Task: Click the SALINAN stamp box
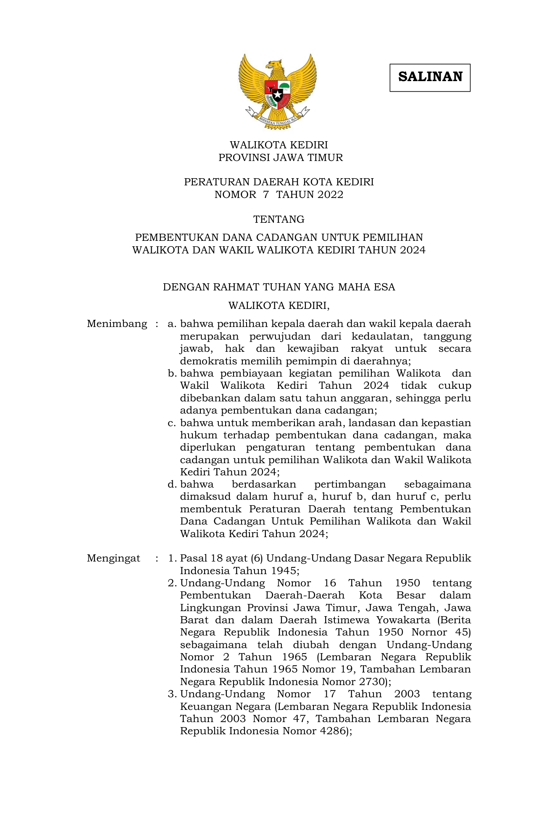tap(430, 77)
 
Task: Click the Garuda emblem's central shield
tap(277, 93)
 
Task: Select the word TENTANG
tap(279, 219)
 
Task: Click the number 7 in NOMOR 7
tap(265, 195)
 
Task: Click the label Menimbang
tap(117, 324)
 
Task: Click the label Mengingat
tap(113, 559)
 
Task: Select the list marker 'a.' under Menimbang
tap(172, 324)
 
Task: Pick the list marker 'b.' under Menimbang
tap(172, 374)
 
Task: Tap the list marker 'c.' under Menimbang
tap(172, 423)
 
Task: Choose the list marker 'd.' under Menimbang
tap(172, 485)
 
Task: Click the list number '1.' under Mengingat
tap(172, 559)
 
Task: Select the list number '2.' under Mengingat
tap(172, 583)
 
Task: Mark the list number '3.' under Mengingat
tap(172, 694)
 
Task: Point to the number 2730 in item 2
tap(372, 682)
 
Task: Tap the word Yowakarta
tap(403, 620)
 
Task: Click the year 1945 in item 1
tap(284, 571)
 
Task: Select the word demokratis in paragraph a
tap(205, 361)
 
